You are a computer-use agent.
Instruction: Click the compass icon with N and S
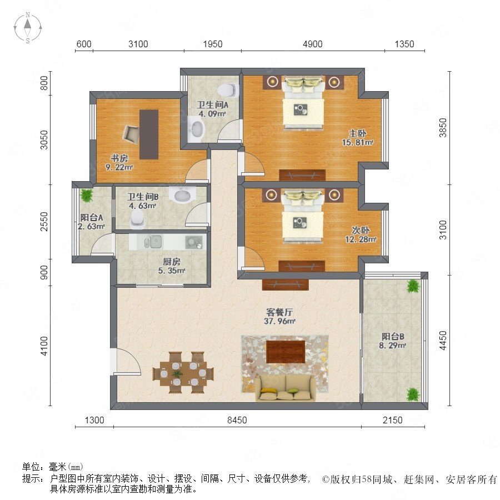click(x=28, y=28)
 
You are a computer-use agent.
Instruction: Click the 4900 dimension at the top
click(x=312, y=44)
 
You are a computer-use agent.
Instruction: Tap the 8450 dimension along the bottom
click(x=237, y=420)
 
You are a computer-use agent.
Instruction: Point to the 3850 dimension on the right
click(x=443, y=128)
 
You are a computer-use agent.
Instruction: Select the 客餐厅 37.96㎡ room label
click(x=279, y=317)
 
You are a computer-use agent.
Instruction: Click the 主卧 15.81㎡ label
click(x=357, y=138)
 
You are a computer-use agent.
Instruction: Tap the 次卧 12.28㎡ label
click(x=361, y=234)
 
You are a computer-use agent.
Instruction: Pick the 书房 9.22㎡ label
click(x=119, y=162)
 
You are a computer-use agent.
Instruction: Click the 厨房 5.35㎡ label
click(x=172, y=266)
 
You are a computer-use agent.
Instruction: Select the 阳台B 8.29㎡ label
click(x=393, y=341)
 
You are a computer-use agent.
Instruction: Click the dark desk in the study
click(x=149, y=134)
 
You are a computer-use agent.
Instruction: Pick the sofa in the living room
click(x=286, y=387)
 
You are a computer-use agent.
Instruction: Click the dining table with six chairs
click(x=183, y=373)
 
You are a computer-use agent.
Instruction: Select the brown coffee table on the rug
click(x=286, y=352)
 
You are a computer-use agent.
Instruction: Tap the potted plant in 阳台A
click(x=86, y=194)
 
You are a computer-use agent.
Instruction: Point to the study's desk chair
click(x=131, y=133)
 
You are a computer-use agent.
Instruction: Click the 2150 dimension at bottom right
click(x=393, y=420)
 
